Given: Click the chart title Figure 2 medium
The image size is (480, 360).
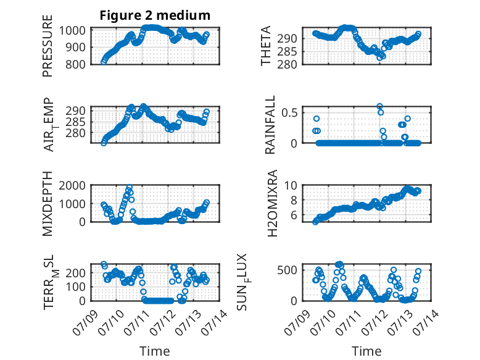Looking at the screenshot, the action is (x=155, y=15).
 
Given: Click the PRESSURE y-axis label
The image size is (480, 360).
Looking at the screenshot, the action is (x=48, y=46).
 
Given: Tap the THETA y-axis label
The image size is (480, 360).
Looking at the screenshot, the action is (x=266, y=46).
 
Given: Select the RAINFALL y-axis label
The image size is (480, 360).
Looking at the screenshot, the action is (x=270, y=125).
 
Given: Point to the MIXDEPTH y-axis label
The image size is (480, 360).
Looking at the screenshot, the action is (x=48, y=204).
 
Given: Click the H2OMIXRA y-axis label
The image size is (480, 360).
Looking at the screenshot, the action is (x=272, y=203).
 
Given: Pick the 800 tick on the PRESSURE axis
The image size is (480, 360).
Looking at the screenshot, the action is (x=75, y=64).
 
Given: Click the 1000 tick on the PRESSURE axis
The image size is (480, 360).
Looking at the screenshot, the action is (x=72, y=30).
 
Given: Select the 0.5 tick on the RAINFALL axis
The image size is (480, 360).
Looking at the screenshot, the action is (x=289, y=112).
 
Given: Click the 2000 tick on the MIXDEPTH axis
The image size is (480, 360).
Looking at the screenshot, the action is (x=72, y=185).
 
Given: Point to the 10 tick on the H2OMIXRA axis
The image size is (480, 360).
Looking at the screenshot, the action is (x=291, y=185).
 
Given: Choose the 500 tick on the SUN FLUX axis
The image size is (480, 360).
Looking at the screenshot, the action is (x=287, y=270).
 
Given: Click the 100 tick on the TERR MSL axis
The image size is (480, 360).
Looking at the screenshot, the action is (x=75, y=287).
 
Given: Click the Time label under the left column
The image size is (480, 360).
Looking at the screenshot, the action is (x=155, y=351).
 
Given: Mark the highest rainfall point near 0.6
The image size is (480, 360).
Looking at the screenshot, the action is (x=379, y=107).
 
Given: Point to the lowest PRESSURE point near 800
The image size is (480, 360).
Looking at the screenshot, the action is (x=104, y=62).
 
